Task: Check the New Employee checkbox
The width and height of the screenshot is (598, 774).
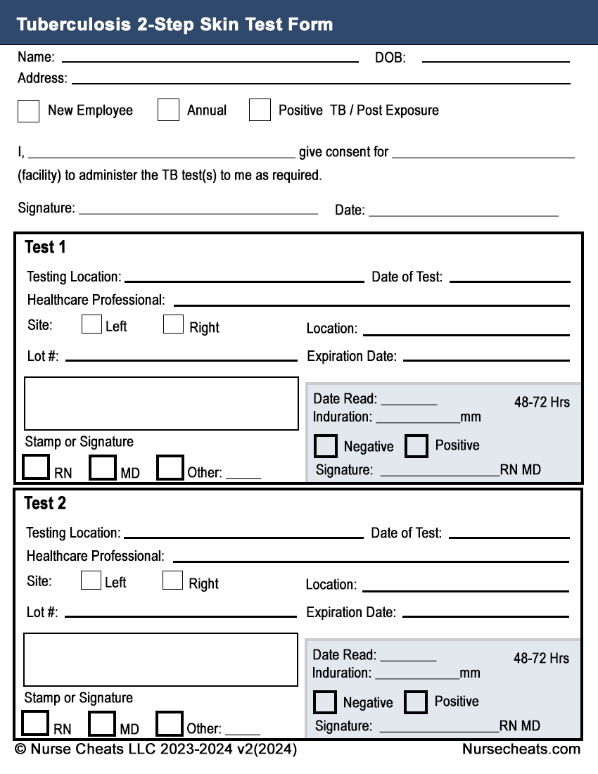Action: coord(28,111)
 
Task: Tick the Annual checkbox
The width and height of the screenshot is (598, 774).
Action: coord(168,110)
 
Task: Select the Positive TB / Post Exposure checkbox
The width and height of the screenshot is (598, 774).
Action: coord(260,110)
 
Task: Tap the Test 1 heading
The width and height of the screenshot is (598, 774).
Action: coord(45,248)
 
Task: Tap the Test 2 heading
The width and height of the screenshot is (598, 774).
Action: coord(45,504)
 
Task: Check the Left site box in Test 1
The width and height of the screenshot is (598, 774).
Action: coord(91,324)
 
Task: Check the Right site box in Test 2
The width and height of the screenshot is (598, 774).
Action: coord(172,580)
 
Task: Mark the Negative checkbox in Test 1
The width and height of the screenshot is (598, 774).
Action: coord(325,446)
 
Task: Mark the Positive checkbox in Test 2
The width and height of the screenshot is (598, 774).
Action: coord(415,702)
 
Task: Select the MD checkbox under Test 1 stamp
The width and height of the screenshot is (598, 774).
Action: coord(103,468)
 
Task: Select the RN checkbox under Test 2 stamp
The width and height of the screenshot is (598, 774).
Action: coord(36,723)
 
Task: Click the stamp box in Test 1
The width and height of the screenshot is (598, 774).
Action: coord(161,403)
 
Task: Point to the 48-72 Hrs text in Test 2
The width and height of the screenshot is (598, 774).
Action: coord(541,659)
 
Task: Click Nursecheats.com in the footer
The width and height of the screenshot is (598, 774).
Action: coord(521,749)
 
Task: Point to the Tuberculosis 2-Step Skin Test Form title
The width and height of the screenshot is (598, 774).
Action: coord(174,25)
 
